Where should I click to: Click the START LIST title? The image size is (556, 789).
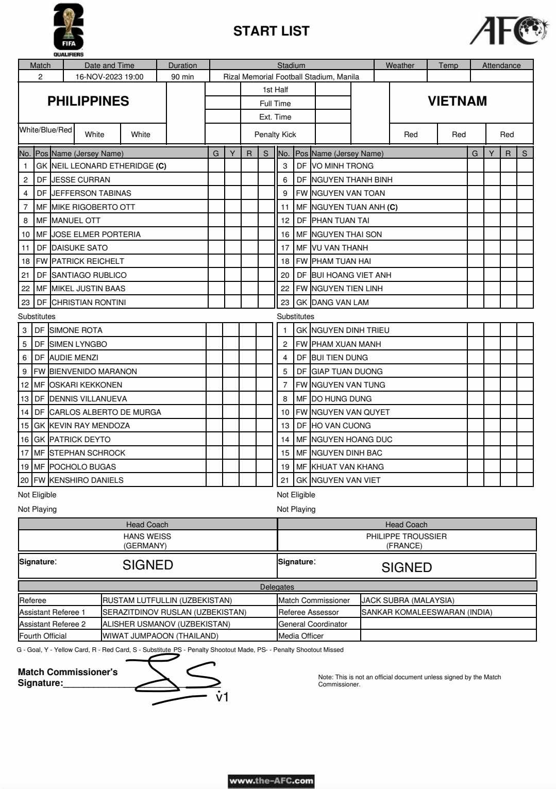271,31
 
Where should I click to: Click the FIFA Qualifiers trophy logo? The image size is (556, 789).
69,29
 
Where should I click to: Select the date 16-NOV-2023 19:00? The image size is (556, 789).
109,77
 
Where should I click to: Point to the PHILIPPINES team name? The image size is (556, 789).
88,101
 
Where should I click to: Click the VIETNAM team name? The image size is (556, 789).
457,101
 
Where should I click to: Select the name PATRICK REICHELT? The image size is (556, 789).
88,261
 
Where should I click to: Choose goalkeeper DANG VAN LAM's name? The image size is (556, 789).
340,303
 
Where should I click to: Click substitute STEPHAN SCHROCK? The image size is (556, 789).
87,453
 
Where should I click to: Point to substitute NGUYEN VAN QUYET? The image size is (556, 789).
350,412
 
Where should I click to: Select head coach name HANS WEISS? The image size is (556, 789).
147,536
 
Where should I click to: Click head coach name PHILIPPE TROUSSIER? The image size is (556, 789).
406,536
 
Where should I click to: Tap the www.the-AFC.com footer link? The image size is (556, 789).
271,781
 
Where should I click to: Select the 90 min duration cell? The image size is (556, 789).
182,77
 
